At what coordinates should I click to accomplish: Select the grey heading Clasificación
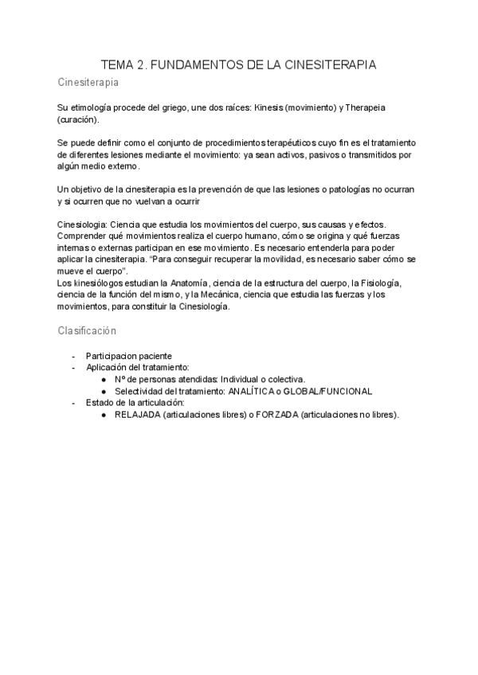(87, 330)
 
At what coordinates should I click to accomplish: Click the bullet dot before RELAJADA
(105, 416)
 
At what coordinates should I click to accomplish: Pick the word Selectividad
(142, 392)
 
